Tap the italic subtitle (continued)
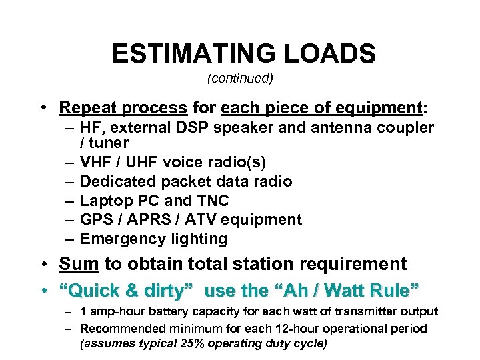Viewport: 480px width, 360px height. click(x=240, y=78)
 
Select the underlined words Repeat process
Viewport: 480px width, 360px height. click(x=123, y=107)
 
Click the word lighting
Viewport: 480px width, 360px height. click(x=199, y=239)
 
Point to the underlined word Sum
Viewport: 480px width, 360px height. click(x=79, y=264)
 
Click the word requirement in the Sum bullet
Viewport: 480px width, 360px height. click(x=354, y=264)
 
